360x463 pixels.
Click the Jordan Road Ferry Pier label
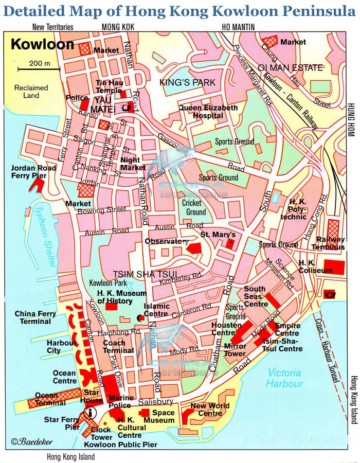click(28, 172)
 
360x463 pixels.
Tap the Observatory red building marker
click(193, 249)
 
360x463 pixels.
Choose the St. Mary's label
click(221, 235)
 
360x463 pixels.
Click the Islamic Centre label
click(156, 310)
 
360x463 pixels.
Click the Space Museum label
click(159, 416)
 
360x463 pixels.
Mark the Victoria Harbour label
click(285, 378)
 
